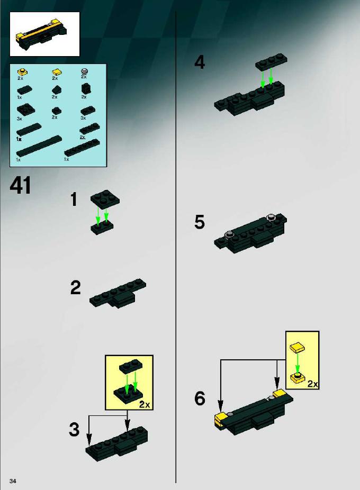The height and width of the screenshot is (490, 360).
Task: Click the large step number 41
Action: click(20, 185)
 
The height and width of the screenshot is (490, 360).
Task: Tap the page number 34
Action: click(13, 481)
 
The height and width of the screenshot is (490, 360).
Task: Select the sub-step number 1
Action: click(74, 199)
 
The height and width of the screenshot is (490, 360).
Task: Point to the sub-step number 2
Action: click(75, 288)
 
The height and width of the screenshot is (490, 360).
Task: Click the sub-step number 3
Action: click(74, 429)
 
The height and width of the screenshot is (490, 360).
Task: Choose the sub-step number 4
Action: click(200, 62)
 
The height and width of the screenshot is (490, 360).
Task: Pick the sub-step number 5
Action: click(200, 222)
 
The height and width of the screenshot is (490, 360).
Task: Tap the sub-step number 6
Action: click(200, 398)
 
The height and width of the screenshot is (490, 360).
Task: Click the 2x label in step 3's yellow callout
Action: click(145, 405)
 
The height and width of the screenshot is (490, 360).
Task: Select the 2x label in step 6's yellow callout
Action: click(312, 384)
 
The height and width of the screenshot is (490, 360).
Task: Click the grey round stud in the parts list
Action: click(84, 71)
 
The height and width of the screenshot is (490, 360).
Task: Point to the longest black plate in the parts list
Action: click(39, 147)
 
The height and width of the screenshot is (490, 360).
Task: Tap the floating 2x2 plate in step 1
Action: click(105, 197)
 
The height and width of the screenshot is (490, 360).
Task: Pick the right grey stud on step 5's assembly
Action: click(271, 217)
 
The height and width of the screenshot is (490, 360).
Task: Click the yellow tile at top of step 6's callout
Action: click(298, 347)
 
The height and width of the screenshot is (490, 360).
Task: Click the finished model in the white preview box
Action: click(42, 34)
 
